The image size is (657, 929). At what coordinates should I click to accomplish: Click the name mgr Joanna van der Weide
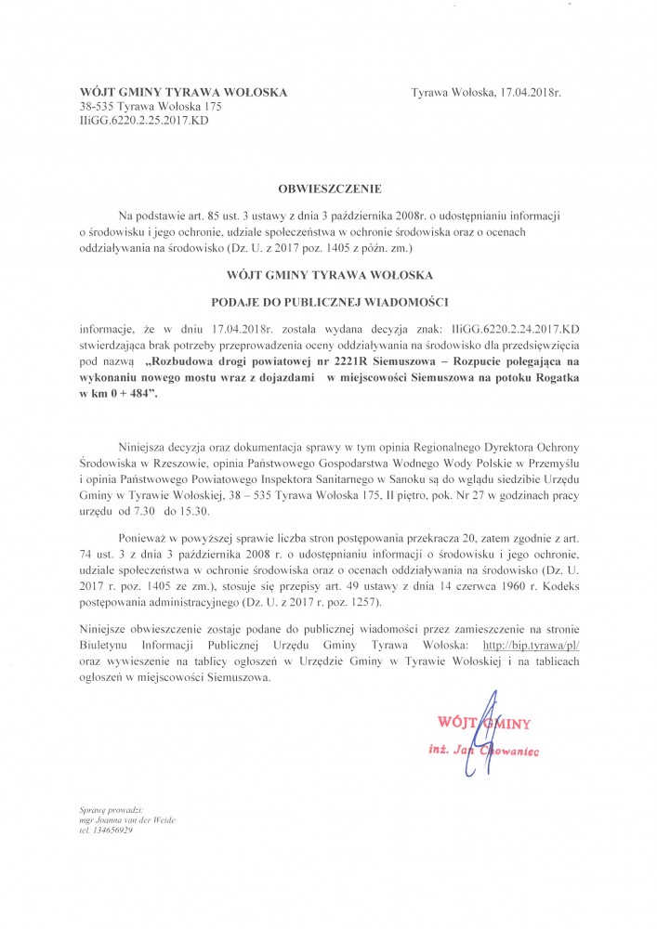127,820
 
